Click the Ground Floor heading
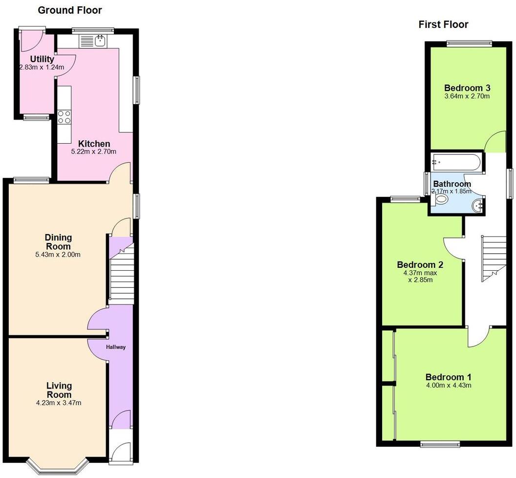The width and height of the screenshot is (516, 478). coord(70,10)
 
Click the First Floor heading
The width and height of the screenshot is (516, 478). coord(443,24)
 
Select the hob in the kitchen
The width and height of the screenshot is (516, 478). coord(64,117)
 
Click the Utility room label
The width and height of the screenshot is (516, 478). coord(42,59)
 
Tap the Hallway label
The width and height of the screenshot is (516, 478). coord(116,347)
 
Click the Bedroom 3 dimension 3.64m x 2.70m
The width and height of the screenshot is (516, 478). coord(467,96)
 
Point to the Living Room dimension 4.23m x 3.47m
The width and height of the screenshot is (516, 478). coord(59,403)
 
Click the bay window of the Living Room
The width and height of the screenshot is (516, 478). coord(58,467)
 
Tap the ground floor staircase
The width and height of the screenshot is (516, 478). coord(121,279)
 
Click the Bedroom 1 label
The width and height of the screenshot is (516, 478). coord(448,377)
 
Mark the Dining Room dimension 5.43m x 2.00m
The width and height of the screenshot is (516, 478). coord(59,254)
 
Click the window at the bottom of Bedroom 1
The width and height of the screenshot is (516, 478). coord(440,443)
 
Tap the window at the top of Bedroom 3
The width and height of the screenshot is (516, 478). coord(469,43)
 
